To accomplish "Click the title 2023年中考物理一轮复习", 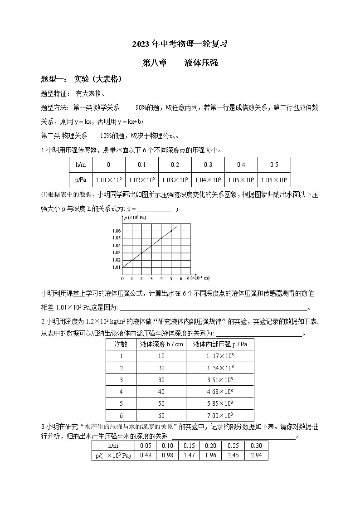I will point(180,44).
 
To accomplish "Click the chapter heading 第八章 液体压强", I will point(180,63).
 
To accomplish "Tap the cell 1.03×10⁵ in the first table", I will point(175,180).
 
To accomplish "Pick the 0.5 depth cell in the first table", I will point(274,165).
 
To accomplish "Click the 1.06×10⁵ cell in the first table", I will point(274,180).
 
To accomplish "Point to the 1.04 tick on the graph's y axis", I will point(116,245).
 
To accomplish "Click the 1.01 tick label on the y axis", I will point(116,267).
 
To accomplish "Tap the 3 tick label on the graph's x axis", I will point(151,278).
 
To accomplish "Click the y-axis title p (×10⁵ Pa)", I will point(135,218).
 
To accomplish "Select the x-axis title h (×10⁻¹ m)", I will point(198,278).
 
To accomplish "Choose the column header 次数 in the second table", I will point(121,344).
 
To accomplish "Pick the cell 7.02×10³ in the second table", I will point(219,415).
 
